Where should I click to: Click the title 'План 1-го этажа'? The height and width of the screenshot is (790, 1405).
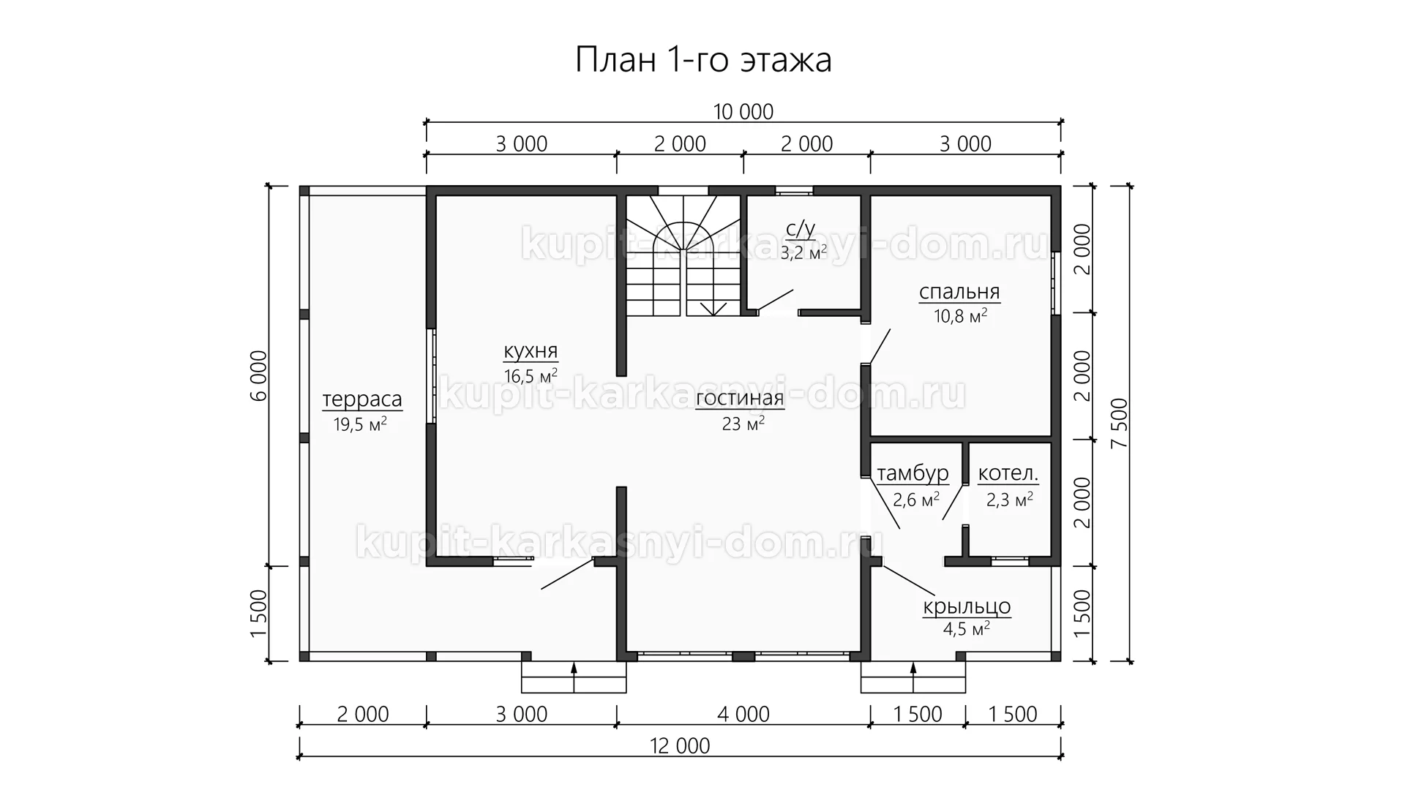703,61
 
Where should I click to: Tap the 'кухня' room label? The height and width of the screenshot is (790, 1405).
531,351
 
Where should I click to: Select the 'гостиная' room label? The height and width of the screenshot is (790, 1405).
740,399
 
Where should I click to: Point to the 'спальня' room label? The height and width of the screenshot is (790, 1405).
959,293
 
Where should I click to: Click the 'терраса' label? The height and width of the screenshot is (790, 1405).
362,399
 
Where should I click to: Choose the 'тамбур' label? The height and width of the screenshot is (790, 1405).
913,474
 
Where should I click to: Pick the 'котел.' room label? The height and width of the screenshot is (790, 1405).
1008,474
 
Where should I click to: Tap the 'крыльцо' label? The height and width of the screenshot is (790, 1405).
967,607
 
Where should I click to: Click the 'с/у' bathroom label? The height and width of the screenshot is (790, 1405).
800,229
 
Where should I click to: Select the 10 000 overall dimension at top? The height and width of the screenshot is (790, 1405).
743,112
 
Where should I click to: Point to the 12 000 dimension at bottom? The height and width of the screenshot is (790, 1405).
680,745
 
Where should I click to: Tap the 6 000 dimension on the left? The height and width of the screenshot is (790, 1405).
259,376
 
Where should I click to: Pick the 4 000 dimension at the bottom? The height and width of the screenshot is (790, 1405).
743,714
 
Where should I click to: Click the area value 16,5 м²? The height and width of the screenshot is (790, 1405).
531,376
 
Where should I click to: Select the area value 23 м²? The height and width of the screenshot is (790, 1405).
743,424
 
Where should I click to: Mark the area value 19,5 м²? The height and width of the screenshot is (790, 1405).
360,424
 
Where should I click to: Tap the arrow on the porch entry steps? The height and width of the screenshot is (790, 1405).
913,677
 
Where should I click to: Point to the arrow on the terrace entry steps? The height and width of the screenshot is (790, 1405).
574,677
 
